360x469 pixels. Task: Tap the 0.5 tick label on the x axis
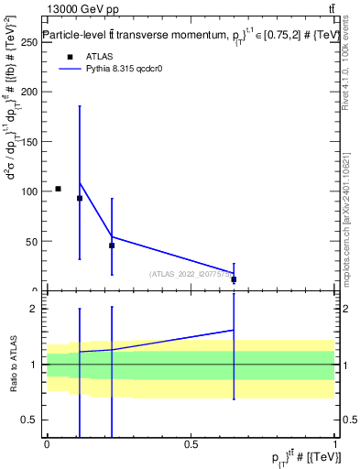point(191,444)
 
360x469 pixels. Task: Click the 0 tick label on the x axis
point(47,444)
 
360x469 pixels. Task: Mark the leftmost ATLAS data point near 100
point(58,189)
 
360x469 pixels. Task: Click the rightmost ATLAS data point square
point(235,279)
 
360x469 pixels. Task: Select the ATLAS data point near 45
point(112,245)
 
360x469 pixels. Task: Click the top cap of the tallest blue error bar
point(80,106)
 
